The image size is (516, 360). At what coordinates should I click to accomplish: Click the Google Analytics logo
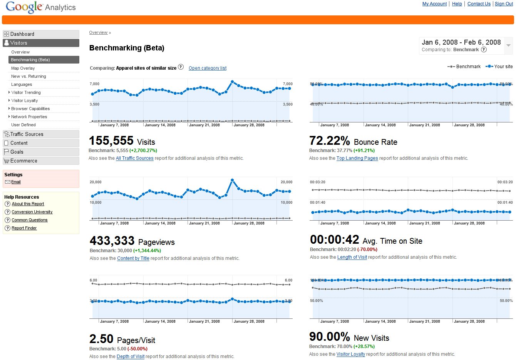pyautogui.click(x=40, y=7)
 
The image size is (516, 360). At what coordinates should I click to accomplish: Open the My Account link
pyautogui.click(x=434, y=4)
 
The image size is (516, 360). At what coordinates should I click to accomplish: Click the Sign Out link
pyautogui.click(x=504, y=4)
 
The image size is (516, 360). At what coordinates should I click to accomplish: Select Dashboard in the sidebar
pyautogui.click(x=22, y=34)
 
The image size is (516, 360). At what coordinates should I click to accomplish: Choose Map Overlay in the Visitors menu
pyautogui.click(x=23, y=68)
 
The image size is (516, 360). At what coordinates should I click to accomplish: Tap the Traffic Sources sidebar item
pyautogui.click(x=27, y=134)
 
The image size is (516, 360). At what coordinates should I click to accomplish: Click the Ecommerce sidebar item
pyautogui.click(x=23, y=161)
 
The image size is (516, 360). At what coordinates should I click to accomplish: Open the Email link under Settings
pyautogui.click(x=16, y=182)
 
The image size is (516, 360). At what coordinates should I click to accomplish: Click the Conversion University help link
pyautogui.click(x=32, y=212)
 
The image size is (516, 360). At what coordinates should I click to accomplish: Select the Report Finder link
pyautogui.click(x=24, y=228)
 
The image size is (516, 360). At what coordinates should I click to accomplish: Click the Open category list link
pyautogui.click(x=208, y=68)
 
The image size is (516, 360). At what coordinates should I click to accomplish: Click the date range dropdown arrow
pyautogui.click(x=508, y=45)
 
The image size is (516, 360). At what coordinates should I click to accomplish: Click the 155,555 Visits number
pyautogui.click(x=111, y=141)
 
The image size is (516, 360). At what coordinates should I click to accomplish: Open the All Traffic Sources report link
pyautogui.click(x=135, y=158)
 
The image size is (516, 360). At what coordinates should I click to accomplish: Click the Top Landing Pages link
pyautogui.click(x=357, y=158)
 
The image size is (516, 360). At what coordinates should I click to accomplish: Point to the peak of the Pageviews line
pyautogui.click(x=232, y=180)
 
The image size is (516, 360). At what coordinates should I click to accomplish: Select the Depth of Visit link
pyautogui.click(x=131, y=357)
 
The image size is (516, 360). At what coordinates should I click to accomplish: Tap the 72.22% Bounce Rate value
pyautogui.click(x=330, y=141)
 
